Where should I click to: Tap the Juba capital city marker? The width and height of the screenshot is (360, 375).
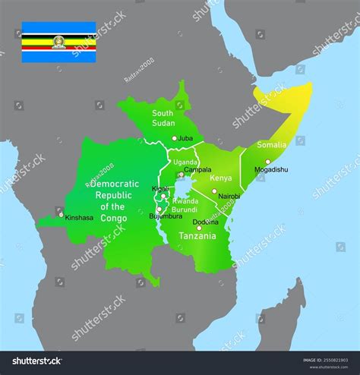coord(174,138)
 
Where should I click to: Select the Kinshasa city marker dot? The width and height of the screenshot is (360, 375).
coord(62,214)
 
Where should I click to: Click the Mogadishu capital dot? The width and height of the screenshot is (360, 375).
coord(267,161)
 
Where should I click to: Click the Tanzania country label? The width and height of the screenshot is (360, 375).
coord(197,236)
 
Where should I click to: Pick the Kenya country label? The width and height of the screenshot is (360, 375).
coord(220,178)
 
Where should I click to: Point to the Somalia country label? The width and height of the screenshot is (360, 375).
coord(272,144)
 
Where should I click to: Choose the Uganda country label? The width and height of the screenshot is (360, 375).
coord(185,162)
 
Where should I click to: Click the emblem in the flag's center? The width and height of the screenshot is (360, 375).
coord(58,43)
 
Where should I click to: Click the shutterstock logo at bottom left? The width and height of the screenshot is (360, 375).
coord(34,361)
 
